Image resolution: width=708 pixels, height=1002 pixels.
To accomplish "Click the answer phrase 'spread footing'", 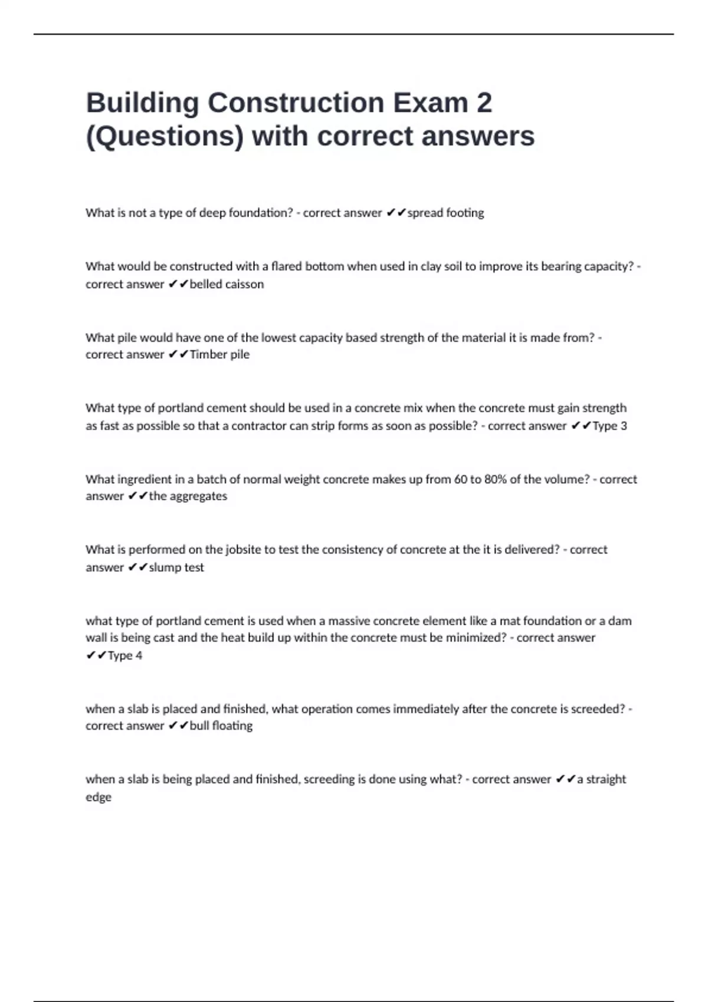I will [445, 213].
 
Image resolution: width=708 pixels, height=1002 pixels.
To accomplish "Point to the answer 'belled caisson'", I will [227, 284].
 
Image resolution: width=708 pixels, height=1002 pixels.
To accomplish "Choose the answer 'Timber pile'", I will [219, 354].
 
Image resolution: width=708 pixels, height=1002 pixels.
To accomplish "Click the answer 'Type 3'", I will [609, 426].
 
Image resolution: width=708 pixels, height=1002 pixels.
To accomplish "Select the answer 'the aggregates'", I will [188, 496].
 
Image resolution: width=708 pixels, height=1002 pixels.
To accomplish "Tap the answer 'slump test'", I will [176, 567].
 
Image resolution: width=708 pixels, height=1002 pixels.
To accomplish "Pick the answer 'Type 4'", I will [124, 655].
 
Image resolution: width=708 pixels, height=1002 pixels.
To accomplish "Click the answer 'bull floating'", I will [221, 726].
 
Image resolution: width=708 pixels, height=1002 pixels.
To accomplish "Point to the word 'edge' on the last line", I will [99, 797].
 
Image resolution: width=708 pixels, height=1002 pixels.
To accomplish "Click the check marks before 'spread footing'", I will [396, 213].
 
